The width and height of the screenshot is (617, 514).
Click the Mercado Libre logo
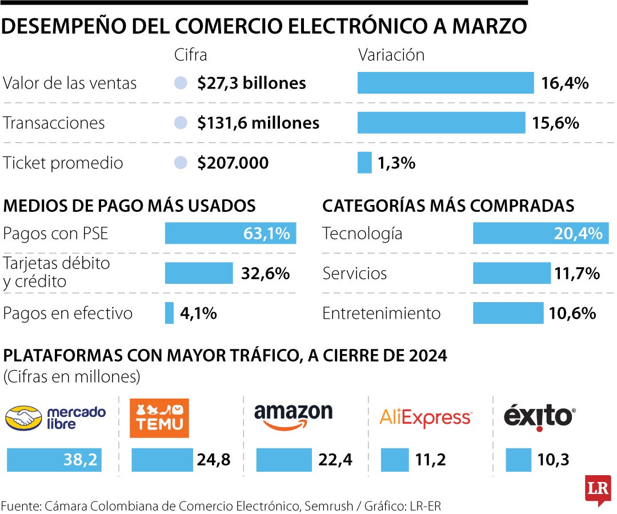click(x=56, y=417)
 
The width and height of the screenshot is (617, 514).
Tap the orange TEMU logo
click(x=159, y=418)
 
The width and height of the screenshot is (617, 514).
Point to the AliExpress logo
click(x=426, y=418)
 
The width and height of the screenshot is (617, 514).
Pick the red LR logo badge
click(x=598, y=489)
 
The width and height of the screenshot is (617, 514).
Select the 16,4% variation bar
click(x=445, y=83)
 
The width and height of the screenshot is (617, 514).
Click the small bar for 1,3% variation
click(x=364, y=163)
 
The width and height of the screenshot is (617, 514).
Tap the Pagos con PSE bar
click(x=230, y=234)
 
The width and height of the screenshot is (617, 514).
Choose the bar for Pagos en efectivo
click(x=169, y=313)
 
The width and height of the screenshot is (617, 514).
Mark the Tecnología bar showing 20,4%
click(x=540, y=234)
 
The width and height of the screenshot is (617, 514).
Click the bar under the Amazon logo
click(x=284, y=460)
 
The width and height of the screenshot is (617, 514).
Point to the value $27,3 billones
click(x=251, y=83)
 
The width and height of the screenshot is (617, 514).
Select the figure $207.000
click(x=233, y=163)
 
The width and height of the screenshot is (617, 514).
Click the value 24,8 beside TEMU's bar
click(x=214, y=460)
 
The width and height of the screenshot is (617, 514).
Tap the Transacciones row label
click(x=54, y=123)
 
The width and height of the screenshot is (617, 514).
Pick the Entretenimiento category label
click(x=381, y=314)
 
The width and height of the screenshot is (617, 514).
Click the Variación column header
click(x=391, y=55)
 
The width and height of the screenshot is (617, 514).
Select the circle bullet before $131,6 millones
click(x=181, y=123)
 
